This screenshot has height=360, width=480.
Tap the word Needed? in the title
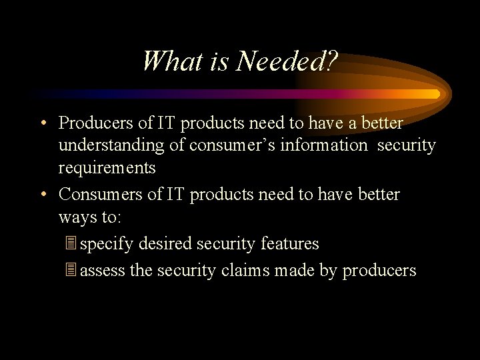[x=287, y=61]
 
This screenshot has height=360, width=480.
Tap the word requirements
[x=107, y=168]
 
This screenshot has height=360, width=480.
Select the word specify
[x=107, y=245]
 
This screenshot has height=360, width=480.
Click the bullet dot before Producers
[x=43, y=123]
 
